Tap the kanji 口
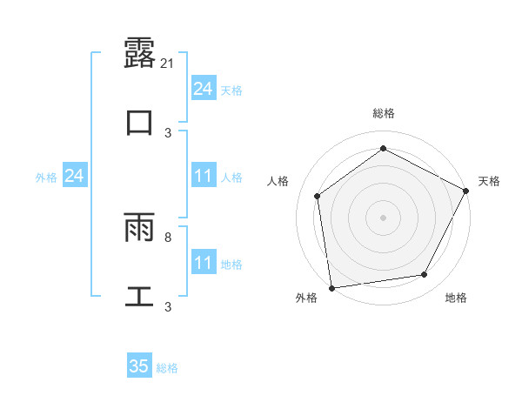[x=139, y=122]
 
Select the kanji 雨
[x=139, y=228]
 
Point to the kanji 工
[x=139, y=296]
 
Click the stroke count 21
[x=169, y=63]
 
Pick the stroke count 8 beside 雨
[x=168, y=237]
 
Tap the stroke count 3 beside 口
[x=168, y=132]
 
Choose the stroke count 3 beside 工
[x=168, y=306]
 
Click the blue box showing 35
[x=139, y=366]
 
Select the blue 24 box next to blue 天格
[x=203, y=89]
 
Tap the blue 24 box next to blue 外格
[x=74, y=177]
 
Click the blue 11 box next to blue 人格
[x=203, y=177]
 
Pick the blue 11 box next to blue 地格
[x=203, y=264]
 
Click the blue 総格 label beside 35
[x=167, y=368]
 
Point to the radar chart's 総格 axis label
[x=384, y=113]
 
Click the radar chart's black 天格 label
[x=489, y=181]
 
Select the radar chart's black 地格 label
[x=456, y=298]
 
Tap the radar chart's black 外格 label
[x=305, y=298]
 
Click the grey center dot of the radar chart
[x=384, y=217]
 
